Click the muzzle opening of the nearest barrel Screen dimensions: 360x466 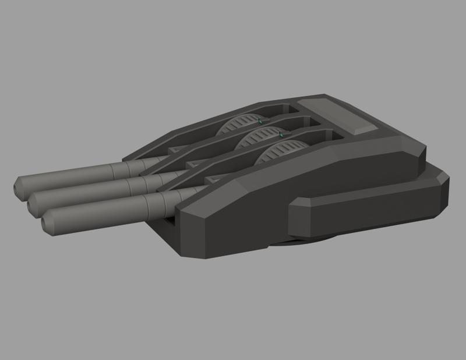[x=47, y=222]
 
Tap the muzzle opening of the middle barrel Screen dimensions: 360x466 [x=33, y=204]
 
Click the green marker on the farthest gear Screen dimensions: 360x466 [x=260, y=122]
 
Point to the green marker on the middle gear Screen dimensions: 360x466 [x=281, y=136]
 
